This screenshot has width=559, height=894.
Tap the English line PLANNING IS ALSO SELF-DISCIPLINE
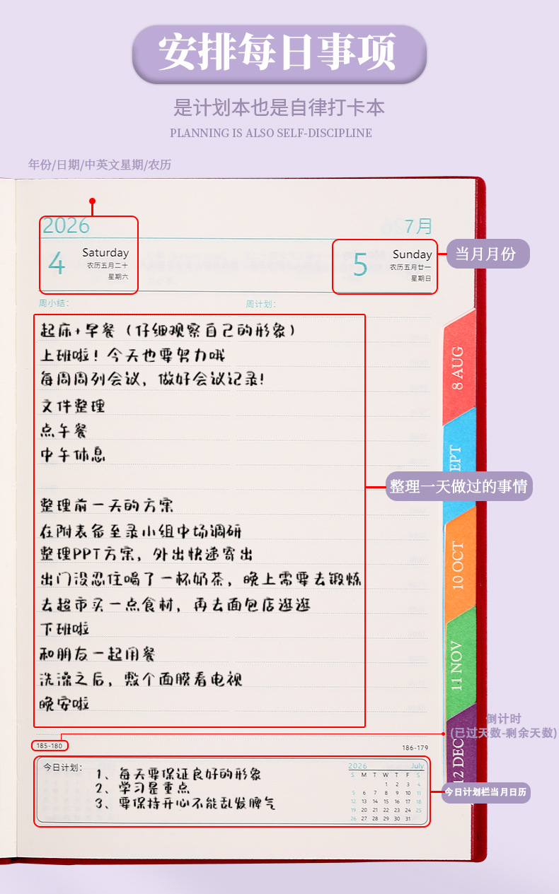click(x=271, y=133)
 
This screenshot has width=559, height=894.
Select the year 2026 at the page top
click(x=67, y=226)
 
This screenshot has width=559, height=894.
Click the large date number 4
click(x=57, y=264)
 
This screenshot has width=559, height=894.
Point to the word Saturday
click(x=105, y=252)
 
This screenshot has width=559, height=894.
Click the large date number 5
click(x=360, y=265)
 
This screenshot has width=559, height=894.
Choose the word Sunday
click(x=412, y=254)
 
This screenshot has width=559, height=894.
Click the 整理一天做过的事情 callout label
click(x=459, y=487)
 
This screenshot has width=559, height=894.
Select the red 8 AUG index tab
click(x=458, y=367)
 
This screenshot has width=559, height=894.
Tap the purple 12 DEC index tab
click(x=458, y=749)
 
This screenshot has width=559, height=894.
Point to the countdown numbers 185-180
click(x=49, y=746)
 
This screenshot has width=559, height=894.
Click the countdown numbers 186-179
click(x=415, y=748)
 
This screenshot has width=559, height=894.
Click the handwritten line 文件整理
click(x=73, y=406)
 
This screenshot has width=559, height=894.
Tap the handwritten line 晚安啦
click(x=65, y=703)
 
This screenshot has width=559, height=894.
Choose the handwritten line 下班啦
click(x=65, y=628)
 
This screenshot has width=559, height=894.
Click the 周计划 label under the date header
click(x=260, y=304)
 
